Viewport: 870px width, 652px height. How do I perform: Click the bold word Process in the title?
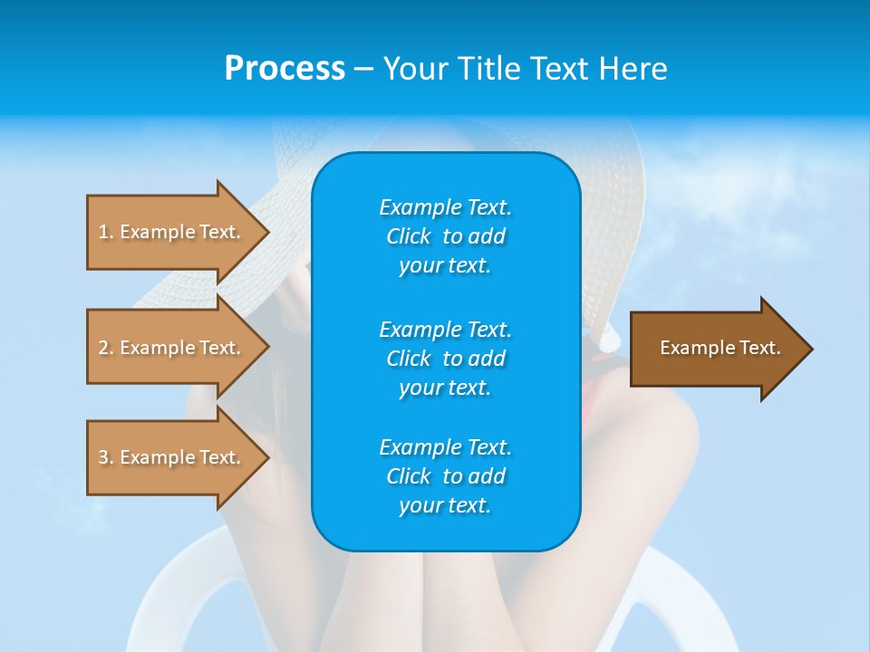tap(285, 69)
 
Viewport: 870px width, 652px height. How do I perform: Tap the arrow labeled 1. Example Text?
tap(169, 232)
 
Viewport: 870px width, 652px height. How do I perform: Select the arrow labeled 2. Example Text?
tap(169, 348)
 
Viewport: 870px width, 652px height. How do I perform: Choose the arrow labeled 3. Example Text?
tap(169, 457)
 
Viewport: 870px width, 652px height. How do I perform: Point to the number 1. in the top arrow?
tap(106, 232)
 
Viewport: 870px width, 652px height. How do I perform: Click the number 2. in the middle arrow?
tap(106, 348)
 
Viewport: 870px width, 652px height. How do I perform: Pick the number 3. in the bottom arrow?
tap(106, 457)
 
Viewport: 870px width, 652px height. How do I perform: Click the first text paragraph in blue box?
tap(445, 236)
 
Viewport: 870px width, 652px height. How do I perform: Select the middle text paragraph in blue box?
tap(445, 359)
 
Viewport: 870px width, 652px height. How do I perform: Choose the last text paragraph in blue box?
tap(445, 476)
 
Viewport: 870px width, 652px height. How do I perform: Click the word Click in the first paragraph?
tap(409, 236)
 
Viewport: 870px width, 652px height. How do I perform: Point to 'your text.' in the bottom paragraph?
tap(445, 506)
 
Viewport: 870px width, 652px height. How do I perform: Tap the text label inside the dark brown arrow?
tap(720, 348)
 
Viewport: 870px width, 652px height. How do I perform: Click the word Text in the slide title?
tap(561, 69)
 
